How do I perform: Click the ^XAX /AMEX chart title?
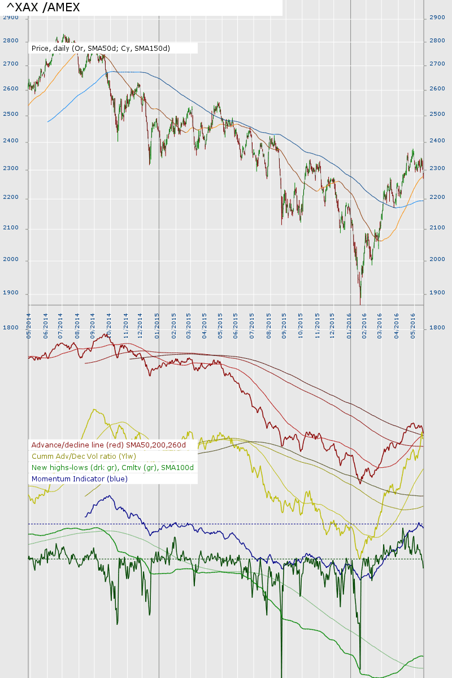click(43, 7)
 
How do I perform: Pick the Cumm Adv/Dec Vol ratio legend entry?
click(84, 456)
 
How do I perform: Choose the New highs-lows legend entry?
click(112, 467)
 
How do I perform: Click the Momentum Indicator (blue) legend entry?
click(80, 479)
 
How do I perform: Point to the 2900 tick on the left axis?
click(11, 18)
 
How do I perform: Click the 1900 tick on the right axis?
click(437, 293)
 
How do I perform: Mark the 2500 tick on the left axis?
click(11, 115)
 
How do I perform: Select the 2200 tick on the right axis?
click(437, 197)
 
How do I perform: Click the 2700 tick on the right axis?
click(437, 64)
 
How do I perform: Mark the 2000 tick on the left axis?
click(11, 260)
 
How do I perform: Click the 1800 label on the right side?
click(437, 328)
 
